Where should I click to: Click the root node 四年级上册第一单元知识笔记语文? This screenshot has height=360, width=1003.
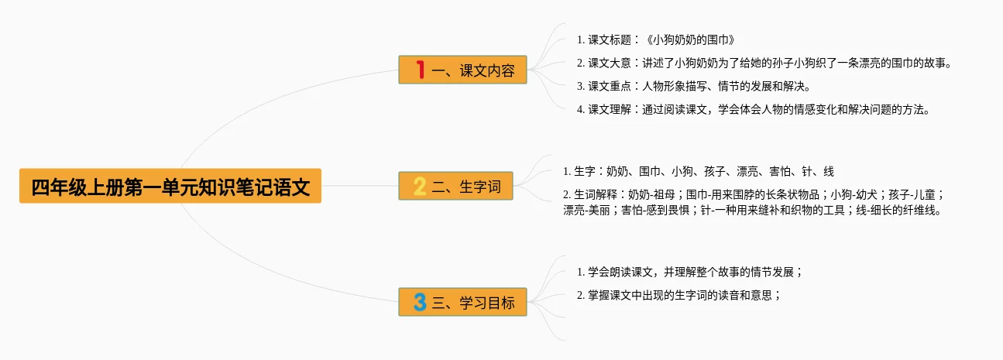pyautogui.click(x=170, y=186)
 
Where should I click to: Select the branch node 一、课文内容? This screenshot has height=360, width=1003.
pyautogui.click(x=462, y=70)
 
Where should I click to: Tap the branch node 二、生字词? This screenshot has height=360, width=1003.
pyautogui.click(x=455, y=186)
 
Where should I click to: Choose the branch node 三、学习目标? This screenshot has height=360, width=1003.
pyautogui.click(x=462, y=302)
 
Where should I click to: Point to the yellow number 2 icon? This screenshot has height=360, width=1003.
pyautogui.click(x=420, y=186)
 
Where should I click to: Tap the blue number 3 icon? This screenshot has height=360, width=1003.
pyautogui.click(x=420, y=302)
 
